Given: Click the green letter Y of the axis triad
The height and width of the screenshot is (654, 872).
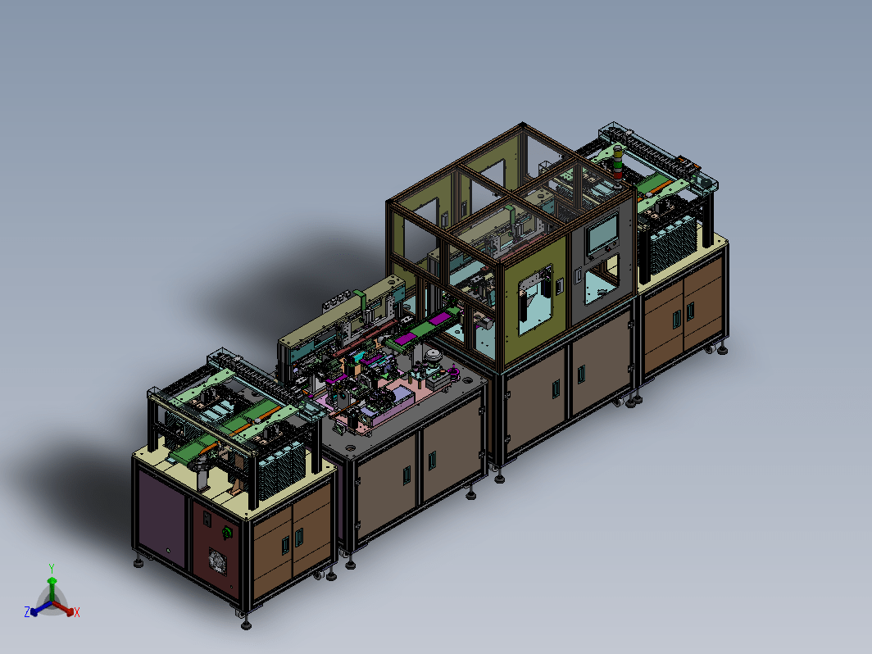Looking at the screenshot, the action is click(x=51, y=569).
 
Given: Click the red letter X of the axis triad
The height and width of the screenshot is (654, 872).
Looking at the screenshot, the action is click(x=77, y=612).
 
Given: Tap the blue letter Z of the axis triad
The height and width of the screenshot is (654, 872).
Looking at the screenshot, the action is click(x=27, y=611).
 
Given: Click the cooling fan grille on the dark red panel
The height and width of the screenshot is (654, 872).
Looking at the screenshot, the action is click(x=217, y=561).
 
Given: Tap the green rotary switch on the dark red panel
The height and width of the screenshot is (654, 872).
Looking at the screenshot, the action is click(x=227, y=533).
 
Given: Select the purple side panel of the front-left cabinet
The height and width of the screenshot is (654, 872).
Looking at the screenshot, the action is click(x=161, y=518).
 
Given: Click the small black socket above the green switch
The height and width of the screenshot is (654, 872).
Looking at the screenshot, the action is click(x=207, y=518).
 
